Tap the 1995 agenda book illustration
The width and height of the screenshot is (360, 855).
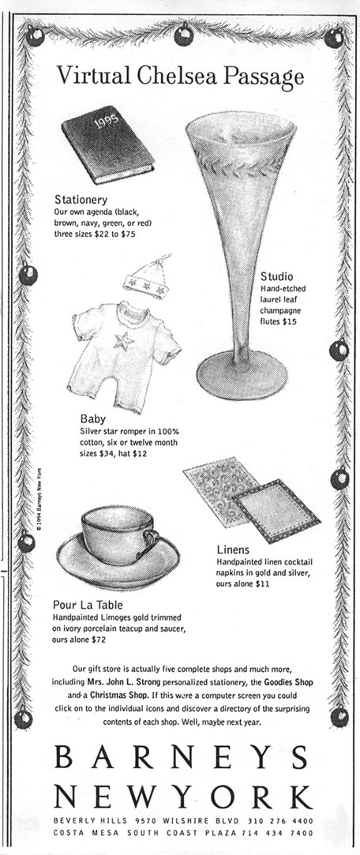(107, 144)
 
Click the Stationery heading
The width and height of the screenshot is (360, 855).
(81, 200)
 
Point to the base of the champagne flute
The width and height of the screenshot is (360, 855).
(242, 375)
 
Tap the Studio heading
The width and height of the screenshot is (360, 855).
(276, 276)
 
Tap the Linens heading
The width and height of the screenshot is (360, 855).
(233, 549)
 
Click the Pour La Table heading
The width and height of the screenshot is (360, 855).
(88, 606)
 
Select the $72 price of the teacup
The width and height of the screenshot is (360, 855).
(99, 639)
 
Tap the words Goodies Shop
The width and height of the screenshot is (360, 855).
(288, 682)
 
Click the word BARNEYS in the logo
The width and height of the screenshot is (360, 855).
(181, 757)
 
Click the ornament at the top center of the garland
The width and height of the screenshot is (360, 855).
(183, 34)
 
